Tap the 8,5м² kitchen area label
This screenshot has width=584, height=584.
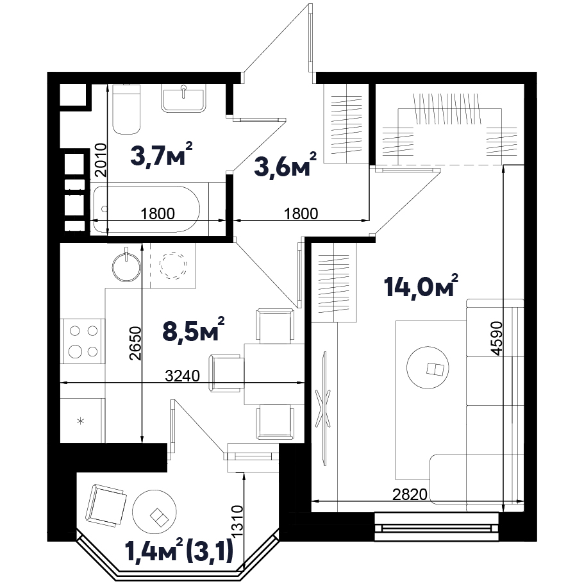pyautogui.click(x=194, y=329)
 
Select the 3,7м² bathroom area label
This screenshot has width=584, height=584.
pyautogui.click(x=162, y=153)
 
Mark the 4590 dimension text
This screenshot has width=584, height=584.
pyautogui.click(x=497, y=338)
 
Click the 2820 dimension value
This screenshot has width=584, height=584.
pyautogui.click(x=410, y=494)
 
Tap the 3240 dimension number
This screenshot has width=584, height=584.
pyautogui.click(x=183, y=376)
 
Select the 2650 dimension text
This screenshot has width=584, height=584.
pyautogui.click(x=135, y=343)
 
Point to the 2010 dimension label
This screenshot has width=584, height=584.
pyautogui.click(x=101, y=160)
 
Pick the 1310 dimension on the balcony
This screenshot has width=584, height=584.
pyautogui.click(x=237, y=521)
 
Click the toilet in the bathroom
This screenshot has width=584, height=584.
pyautogui.click(x=127, y=109)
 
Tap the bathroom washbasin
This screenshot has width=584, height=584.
pyautogui.click(x=183, y=98)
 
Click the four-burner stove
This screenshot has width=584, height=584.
pyautogui.click(x=83, y=341)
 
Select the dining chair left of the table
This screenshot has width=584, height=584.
pyautogui.click(x=227, y=373)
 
